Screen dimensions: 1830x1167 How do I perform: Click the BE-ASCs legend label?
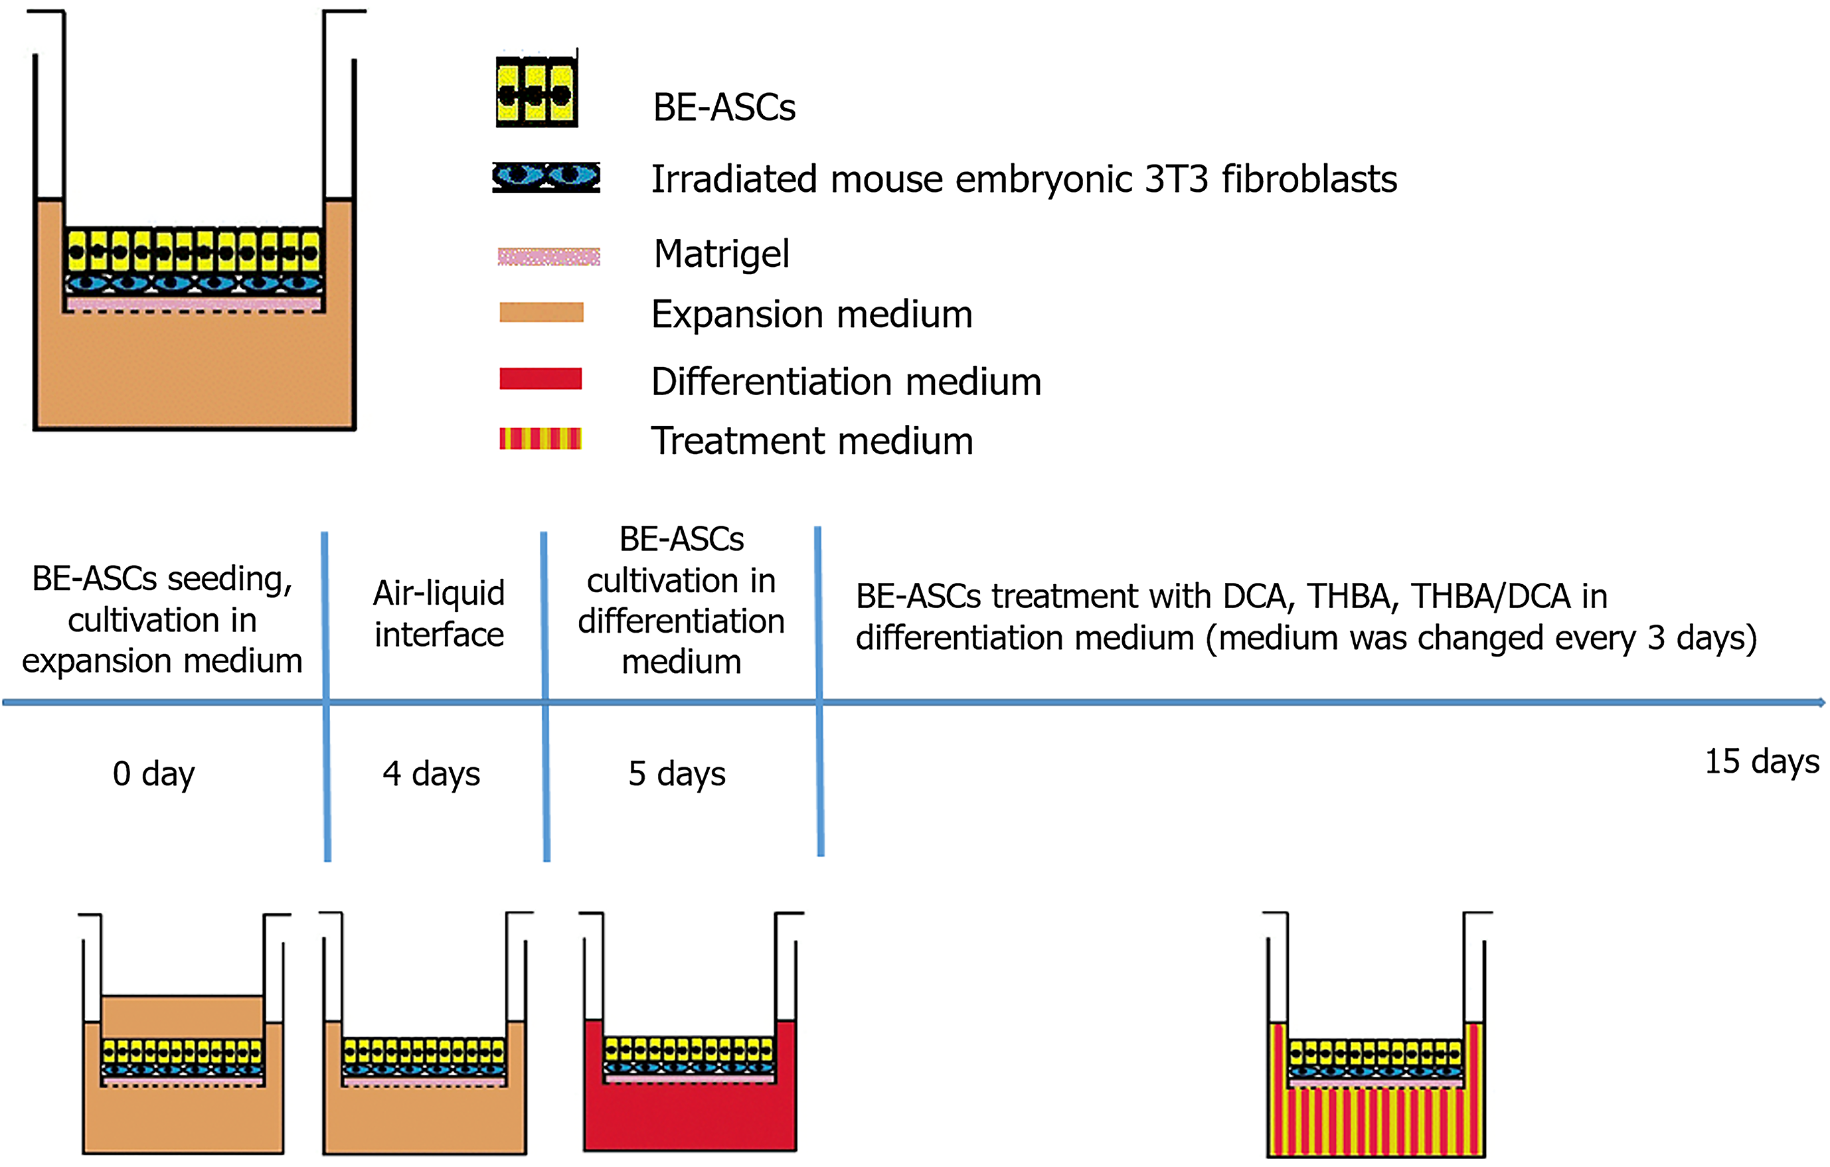724,107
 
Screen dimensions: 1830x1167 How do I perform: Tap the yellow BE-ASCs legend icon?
537,90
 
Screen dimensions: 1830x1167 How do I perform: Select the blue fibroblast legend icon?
546,177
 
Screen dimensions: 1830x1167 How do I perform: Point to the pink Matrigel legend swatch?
548,257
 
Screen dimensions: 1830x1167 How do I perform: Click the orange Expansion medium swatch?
541,312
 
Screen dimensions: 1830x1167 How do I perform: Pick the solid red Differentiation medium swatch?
541,378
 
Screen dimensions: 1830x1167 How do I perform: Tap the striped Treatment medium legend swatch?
541,438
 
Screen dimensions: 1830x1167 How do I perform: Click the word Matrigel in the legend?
722,254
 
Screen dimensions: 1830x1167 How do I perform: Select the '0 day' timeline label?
153,774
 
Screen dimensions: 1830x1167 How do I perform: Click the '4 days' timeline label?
431,774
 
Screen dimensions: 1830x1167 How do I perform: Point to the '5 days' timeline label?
677,774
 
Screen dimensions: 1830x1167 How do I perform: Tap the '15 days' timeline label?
1762,762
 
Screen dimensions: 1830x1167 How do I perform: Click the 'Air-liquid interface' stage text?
440,614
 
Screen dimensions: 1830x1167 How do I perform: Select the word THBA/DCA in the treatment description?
1492,596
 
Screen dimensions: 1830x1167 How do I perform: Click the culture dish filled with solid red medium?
690,1032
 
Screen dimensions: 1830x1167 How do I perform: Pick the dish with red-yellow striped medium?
1376,1035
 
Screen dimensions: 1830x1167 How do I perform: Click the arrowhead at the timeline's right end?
1821,703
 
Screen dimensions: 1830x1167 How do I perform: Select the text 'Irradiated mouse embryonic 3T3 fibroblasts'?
1025,180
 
